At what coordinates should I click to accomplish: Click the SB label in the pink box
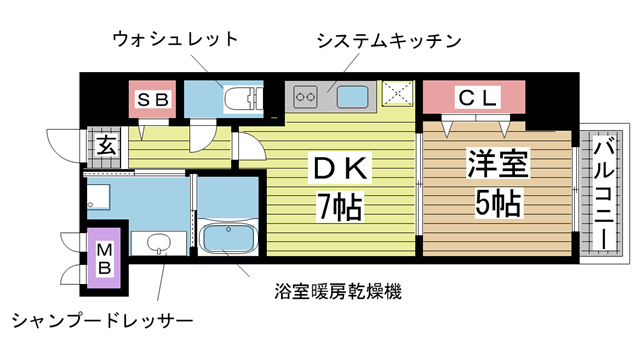(x=153, y=98)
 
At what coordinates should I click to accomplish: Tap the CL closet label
(x=475, y=97)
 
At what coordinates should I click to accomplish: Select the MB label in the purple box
(x=104, y=258)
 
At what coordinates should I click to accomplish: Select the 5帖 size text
(x=495, y=205)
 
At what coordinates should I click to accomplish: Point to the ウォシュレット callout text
(x=174, y=40)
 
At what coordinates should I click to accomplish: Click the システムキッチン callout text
(x=387, y=41)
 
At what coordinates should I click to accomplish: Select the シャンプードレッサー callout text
(x=101, y=321)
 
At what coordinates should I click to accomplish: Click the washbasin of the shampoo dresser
(x=157, y=243)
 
